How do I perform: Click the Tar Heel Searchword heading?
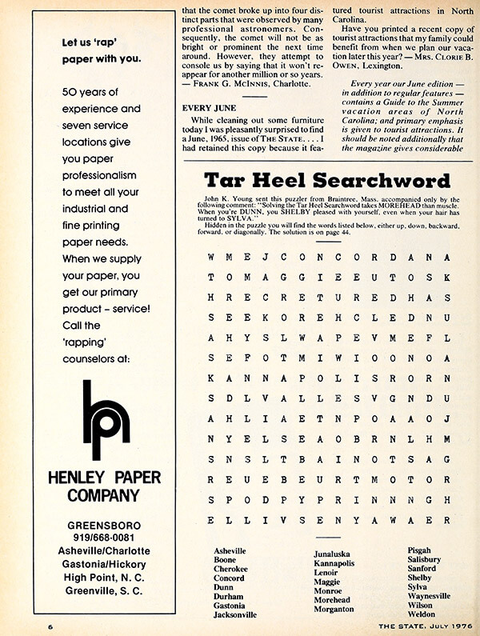click(x=327, y=179)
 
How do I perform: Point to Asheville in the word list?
click(x=230, y=551)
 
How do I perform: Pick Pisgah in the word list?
click(x=422, y=551)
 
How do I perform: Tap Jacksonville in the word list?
click(x=234, y=615)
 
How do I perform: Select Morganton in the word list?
click(x=334, y=610)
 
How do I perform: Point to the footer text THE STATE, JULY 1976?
click(x=415, y=624)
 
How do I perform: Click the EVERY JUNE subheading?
click(x=207, y=107)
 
